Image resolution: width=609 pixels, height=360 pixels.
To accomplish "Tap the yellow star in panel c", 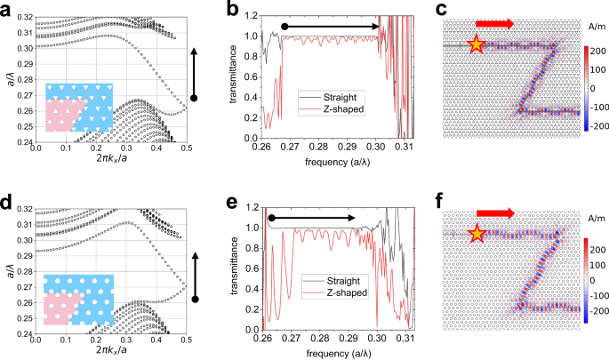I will [477, 44].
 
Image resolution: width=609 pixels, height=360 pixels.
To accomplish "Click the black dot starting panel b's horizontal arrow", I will [284, 27].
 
